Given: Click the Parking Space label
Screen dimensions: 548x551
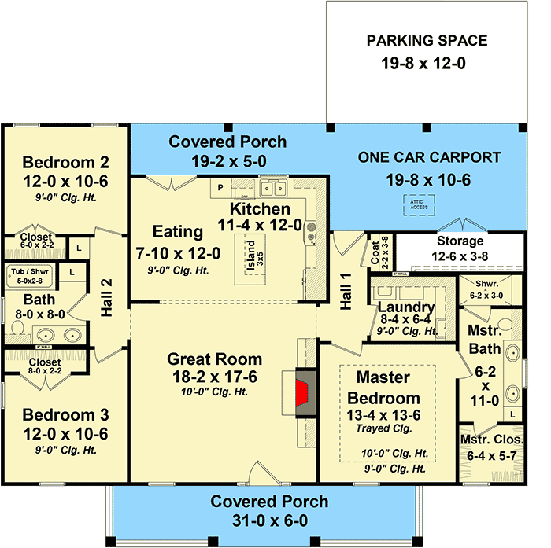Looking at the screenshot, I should pyautogui.click(x=427, y=41).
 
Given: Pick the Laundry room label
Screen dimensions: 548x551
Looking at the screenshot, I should pyautogui.click(x=405, y=307).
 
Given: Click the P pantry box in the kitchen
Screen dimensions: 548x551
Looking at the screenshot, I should pyautogui.click(x=220, y=188).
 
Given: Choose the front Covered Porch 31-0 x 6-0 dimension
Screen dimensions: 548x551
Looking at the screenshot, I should pyautogui.click(x=270, y=520).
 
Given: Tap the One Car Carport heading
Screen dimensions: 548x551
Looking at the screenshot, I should pyautogui.click(x=429, y=157).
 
